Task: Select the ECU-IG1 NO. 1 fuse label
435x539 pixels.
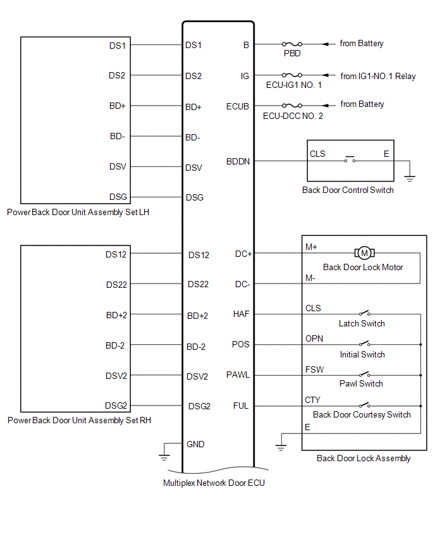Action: (x=292, y=85)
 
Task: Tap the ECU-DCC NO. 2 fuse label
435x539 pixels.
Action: (x=293, y=116)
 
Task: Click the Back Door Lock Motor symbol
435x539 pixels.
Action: (x=364, y=254)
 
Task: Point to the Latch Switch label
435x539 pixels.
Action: (x=362, y=323)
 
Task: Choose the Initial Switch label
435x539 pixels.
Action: (x=362, y=354)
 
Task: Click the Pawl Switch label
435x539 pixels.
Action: (x=362, y=383)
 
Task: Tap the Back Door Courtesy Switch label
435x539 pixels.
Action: (x=362, y=414)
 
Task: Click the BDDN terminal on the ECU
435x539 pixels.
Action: (x=238, y=161)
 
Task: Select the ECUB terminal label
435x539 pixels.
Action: (x=238, y=106)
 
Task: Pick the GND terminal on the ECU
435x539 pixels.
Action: (x=195, y=444)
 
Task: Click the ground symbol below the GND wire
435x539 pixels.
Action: (x=164, y=453)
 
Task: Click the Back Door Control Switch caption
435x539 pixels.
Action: (x=348, y=190)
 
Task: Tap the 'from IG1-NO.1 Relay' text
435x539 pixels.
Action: (x=377, y=77)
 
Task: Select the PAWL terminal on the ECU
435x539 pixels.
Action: (x=238, y=375)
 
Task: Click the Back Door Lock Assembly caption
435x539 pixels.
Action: (x=364, y=458)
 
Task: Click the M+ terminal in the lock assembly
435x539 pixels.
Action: (x=311, y=247)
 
